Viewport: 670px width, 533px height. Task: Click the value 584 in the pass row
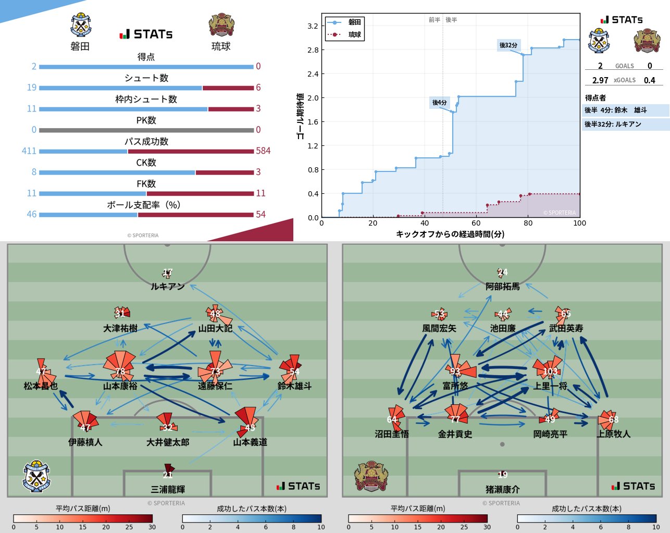pyautogui.click(x=263, y=151)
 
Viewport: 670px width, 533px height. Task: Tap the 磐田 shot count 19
pyautogui.click(x=32, y=88)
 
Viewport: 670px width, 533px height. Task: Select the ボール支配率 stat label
pyautogui.click(x=144, y=205)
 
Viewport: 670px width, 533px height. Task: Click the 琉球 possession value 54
pyautogui.click(x=260, y=215)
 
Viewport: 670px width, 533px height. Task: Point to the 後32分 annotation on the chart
pyautogui.click(x=508, y=45)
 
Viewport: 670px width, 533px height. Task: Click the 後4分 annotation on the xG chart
pyautogui.click(x=439, y=103)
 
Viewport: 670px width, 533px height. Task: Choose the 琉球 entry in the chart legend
pyautogui.click(x=354, y=34)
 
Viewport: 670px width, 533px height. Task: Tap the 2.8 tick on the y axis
pyautogui.click(x=313, y=50)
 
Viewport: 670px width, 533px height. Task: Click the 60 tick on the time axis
pyautogui.click(x=476, y=223)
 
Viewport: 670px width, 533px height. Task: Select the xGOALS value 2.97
pyautogui.click(x=600, y=80)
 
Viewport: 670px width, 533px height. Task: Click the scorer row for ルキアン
pyautogui.click(x=625, y=125)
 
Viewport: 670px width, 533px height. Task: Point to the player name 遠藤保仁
pyautogui.click(x=215, y=386)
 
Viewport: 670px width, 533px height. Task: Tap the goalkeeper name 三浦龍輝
pyautogui.click(x=168, y=490)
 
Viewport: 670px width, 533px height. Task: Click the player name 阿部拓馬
pyautogui.click(x=502, y=287)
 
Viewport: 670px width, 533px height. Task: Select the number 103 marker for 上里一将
pyautogui.click(x=550, y=371)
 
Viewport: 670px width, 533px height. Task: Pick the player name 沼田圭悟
pyautogui.click(x=392, y=434)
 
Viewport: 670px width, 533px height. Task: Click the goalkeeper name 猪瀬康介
pyautogui.click(x=502, y=490)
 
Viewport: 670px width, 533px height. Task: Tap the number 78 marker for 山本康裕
pyautogui.click(x=120, y=371)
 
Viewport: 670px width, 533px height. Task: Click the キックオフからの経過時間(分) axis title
pyautogui.click(x=450, y=234)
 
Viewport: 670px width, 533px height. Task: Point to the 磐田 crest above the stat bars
pyautogui.click(x=81, y=26)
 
